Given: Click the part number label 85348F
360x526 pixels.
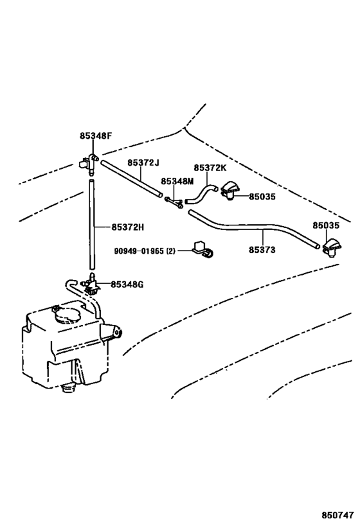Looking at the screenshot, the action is (x=95, y=136).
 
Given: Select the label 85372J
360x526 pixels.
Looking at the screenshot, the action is (x=143, y=162).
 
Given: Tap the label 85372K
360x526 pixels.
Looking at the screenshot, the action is (x=210, y=168).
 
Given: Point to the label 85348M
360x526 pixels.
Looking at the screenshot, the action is (x=177, y=181).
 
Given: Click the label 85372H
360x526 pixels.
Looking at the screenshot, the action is (x=128, y=227).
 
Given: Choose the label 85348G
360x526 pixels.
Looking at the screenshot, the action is (x=127, y=284).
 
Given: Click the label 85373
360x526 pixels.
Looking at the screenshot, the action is (x=262, y=250).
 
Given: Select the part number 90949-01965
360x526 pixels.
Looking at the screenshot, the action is (x=139, y=250).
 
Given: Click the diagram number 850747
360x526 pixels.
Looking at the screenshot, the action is (x=338, y=514).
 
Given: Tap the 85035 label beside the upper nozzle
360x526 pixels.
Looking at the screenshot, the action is (x=262, y=197).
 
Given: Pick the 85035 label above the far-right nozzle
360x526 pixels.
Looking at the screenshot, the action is (x=326, y=225).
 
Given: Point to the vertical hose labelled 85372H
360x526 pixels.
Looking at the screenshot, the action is (x=92, y=224).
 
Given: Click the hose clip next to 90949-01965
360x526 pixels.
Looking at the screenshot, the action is (x=204, y=250).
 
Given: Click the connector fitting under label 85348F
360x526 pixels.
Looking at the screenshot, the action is (x=88, y=163).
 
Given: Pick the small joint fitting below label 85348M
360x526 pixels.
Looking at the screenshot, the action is (x=174, y=202).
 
